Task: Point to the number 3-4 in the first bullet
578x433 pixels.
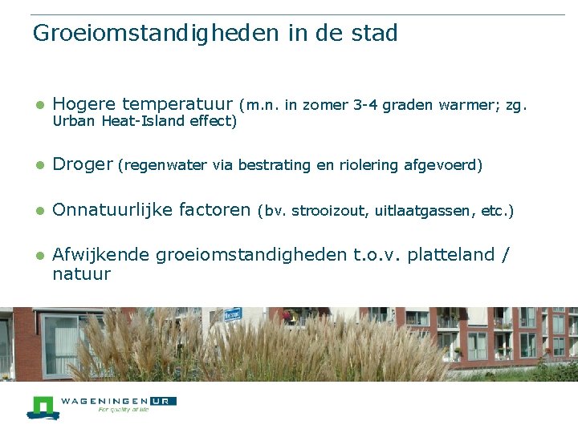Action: [x=365, y=105]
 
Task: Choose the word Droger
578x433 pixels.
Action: [x=83, y=165]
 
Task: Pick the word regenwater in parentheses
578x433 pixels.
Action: [x=165, y=166]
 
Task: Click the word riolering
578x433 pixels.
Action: [x=368, y=166]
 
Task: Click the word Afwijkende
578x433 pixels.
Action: [x=101, y=256]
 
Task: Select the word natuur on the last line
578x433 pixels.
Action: [x=81, y=274]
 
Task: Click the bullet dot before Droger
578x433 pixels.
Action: [x=39, y=166]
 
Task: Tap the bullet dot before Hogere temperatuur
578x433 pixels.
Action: [x=39, y=105]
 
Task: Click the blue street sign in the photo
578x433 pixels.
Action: [x=233, y=315]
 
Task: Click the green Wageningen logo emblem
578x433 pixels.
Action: [x=43, y=407]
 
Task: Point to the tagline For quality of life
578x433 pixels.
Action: [x=123, y=409]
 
